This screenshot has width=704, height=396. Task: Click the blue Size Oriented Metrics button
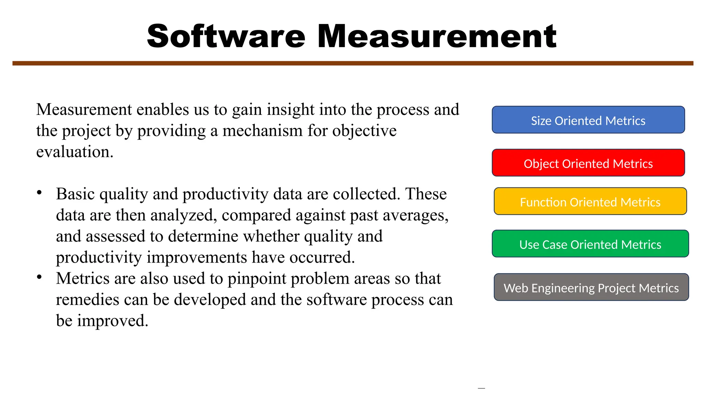tap(588, 120)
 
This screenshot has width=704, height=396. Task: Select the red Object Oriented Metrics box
tap(588, 163)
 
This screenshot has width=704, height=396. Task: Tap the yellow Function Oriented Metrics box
tap(590, 201)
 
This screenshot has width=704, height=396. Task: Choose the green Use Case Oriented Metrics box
tap(590, 244)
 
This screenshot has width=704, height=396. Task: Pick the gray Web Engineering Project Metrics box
tap(591, 287)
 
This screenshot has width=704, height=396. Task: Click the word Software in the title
tap(226, 36)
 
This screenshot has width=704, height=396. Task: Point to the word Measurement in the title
tap(437, 36)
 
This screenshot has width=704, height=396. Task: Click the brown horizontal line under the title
tap(353, 63)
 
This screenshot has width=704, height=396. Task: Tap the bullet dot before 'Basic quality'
tap(40, 192)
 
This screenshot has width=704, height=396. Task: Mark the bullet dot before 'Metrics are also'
tap(40, 277)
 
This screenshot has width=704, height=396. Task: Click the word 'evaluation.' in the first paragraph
tap(75, 152)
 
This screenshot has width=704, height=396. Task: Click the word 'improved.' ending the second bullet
tap(112, 321)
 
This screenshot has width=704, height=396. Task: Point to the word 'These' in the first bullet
tap(426, 194)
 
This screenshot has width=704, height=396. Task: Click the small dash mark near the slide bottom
tap(481, 388)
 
